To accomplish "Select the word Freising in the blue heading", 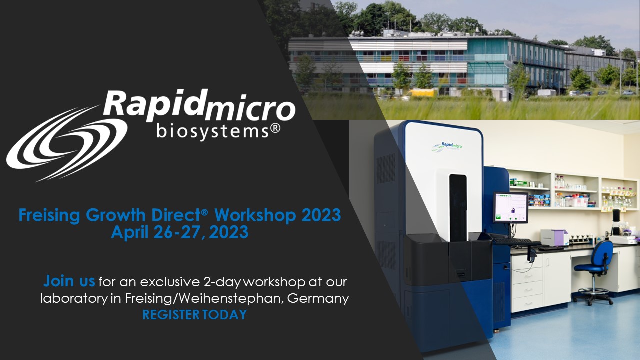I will point(50,216).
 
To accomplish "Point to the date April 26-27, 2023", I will point(179,232).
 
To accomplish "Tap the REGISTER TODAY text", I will point(194,315).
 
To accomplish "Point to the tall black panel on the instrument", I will point(457,207).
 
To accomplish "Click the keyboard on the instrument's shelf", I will point(512,241).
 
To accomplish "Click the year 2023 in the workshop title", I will point(321,215).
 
